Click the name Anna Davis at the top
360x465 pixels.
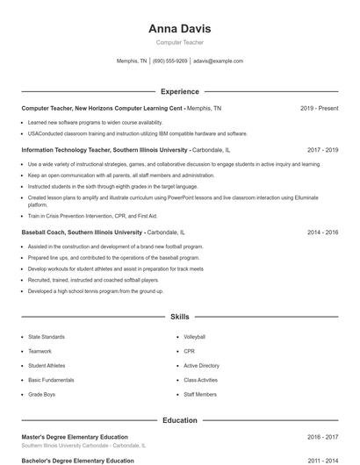[x=179, y=28]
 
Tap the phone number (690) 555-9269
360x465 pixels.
[x=169, y=61]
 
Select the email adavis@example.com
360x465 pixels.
[x=218, y=61]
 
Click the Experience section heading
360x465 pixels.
[x=179, y=91]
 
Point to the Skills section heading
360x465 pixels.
[x=179, y=316]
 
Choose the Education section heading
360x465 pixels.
[x=179, y=420]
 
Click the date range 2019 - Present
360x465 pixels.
[x=319, y=108]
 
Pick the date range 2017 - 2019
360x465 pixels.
[x=322, y=150]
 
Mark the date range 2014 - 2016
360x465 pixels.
[x=322, y=232]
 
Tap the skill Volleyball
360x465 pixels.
[x=194, y=337]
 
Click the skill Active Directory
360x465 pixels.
[x=201, y=365]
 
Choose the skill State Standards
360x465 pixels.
[x=46, y=337]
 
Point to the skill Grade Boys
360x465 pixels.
[x=41, y=394]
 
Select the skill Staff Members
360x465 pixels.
[x=200, y=394]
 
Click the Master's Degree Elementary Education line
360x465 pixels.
[x=75, y=437]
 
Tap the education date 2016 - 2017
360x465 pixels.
[x=322, y=437]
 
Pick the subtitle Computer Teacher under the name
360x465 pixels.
[x=179, y=42]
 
